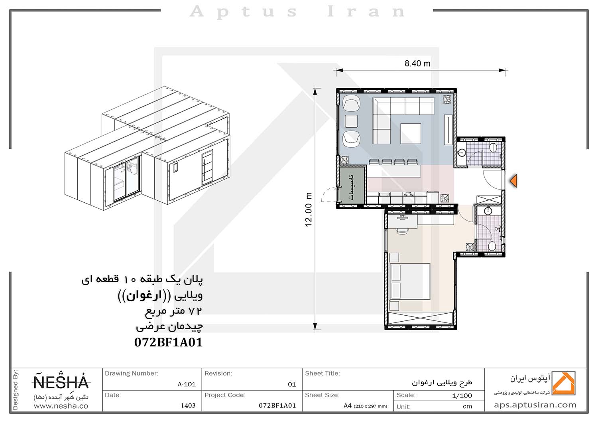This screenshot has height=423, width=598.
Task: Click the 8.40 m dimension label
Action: coord(417,63)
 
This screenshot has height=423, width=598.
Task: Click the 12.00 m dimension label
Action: coord(308,210)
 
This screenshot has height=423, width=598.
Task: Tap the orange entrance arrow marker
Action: coord(513,181)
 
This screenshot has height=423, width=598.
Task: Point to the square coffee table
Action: coord(411,134)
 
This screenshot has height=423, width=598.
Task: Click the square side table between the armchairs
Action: coord(351,121)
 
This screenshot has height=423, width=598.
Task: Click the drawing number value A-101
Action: coord(187,384)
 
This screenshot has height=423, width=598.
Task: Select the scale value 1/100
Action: coord(462,395)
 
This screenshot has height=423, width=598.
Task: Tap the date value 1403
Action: coord(188,405)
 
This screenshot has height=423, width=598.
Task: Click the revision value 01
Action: coord(292,385)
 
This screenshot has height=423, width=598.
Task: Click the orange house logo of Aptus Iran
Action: coord(563,383)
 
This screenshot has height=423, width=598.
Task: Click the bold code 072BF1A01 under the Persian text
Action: coord(169,342)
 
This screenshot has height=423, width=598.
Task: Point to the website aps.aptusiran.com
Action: coord(535,405)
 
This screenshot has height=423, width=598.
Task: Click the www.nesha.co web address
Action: coord(61,406)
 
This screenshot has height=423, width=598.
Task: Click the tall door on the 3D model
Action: coord(207,167)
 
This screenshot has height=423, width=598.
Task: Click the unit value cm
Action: coord(468,406)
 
